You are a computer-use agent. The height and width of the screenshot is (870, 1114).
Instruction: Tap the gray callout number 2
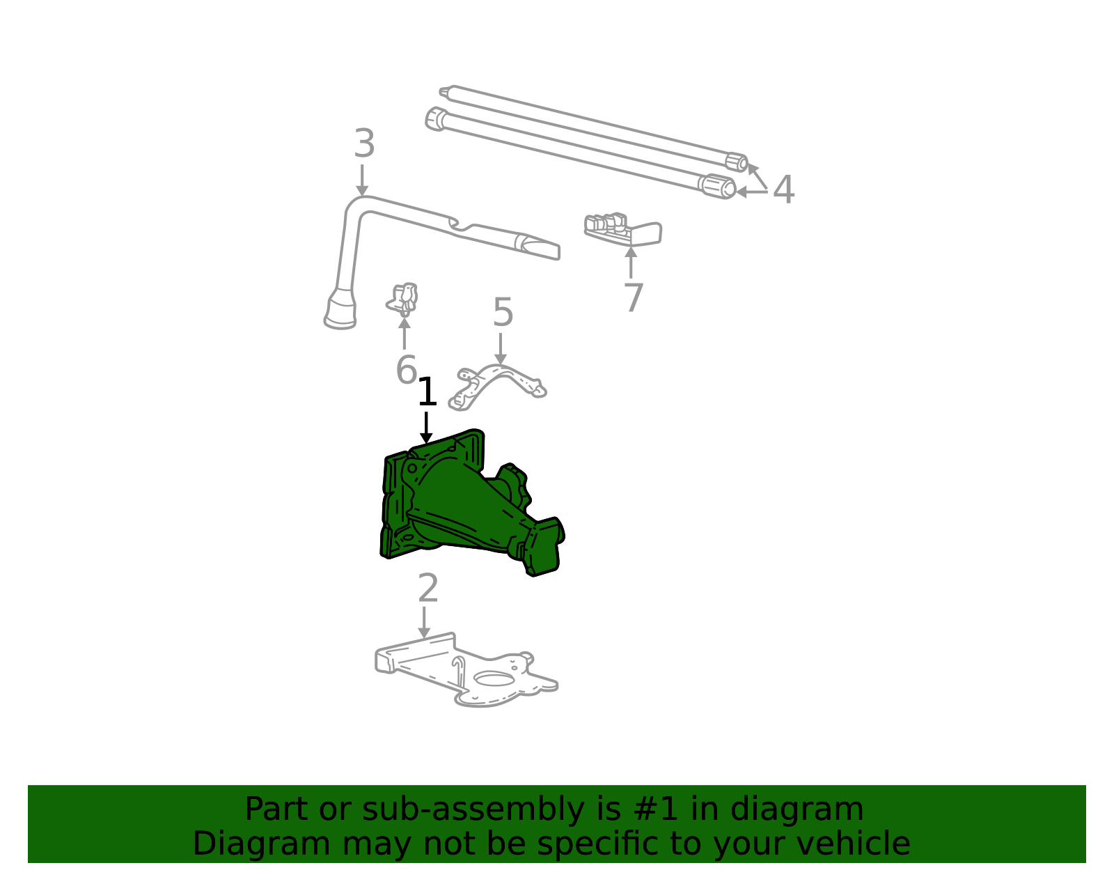tap(427, 589)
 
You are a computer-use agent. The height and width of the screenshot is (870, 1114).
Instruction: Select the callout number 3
tap(364, 145)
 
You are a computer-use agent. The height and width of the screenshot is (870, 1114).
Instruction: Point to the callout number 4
tap(783, 189)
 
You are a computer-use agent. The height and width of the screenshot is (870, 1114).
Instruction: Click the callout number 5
tap(503, 313)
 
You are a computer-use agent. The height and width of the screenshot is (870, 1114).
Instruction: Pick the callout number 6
tap(406, 370)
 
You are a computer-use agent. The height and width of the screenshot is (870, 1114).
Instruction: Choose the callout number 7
tap(633, 298)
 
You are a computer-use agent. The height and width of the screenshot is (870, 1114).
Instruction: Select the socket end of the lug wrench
tap(340, 311)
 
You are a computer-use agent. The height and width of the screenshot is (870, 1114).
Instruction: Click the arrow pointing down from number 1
tap(426, 426)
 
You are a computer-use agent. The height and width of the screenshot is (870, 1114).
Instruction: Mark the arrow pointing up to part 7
tap(631, 261)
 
